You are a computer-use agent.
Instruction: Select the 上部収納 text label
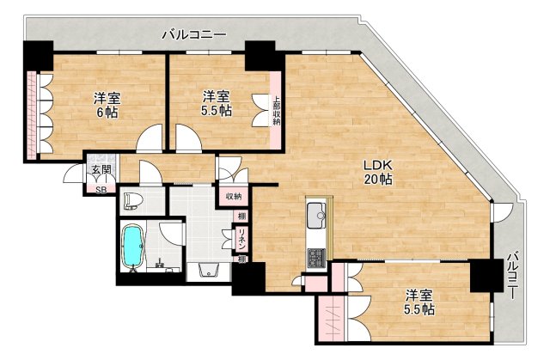(277, 109)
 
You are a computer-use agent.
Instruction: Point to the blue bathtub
(133, 247)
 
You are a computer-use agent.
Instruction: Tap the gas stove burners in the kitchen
(315, 257)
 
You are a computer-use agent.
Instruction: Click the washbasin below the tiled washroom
(209, 271)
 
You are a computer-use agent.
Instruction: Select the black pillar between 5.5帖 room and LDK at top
(259, 56)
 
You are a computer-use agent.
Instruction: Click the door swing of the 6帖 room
(150, 137)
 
